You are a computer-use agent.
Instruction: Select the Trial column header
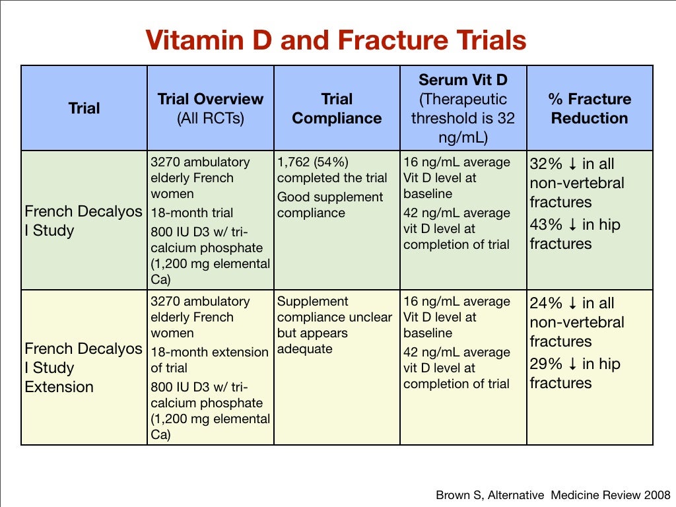[x=84, y=108]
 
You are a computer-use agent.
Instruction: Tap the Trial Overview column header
[x=210, y=100]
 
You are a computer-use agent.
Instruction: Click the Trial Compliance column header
[x=337, y=109]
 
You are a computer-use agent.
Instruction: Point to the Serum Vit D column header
[x=462, y=81]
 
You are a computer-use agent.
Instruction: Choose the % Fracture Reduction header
[x=590, y=109]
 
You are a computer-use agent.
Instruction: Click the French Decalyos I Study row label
[x=83, y=221]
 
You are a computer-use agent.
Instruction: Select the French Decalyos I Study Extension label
[x=83, y=368]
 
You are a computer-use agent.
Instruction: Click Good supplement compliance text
[x=329, y=205]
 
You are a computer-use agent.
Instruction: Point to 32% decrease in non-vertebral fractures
[x=576, y=183]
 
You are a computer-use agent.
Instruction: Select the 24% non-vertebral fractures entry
[x=576, y=322]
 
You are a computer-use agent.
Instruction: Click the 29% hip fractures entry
[x=574, y=373]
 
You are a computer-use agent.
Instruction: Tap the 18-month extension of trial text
[x=209, y=360]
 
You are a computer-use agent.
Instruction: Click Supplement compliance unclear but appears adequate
[x=334, y=325]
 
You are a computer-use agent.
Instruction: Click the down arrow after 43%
[x=572, y=225]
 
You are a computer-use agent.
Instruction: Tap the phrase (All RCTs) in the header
[x=210, y=119]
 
